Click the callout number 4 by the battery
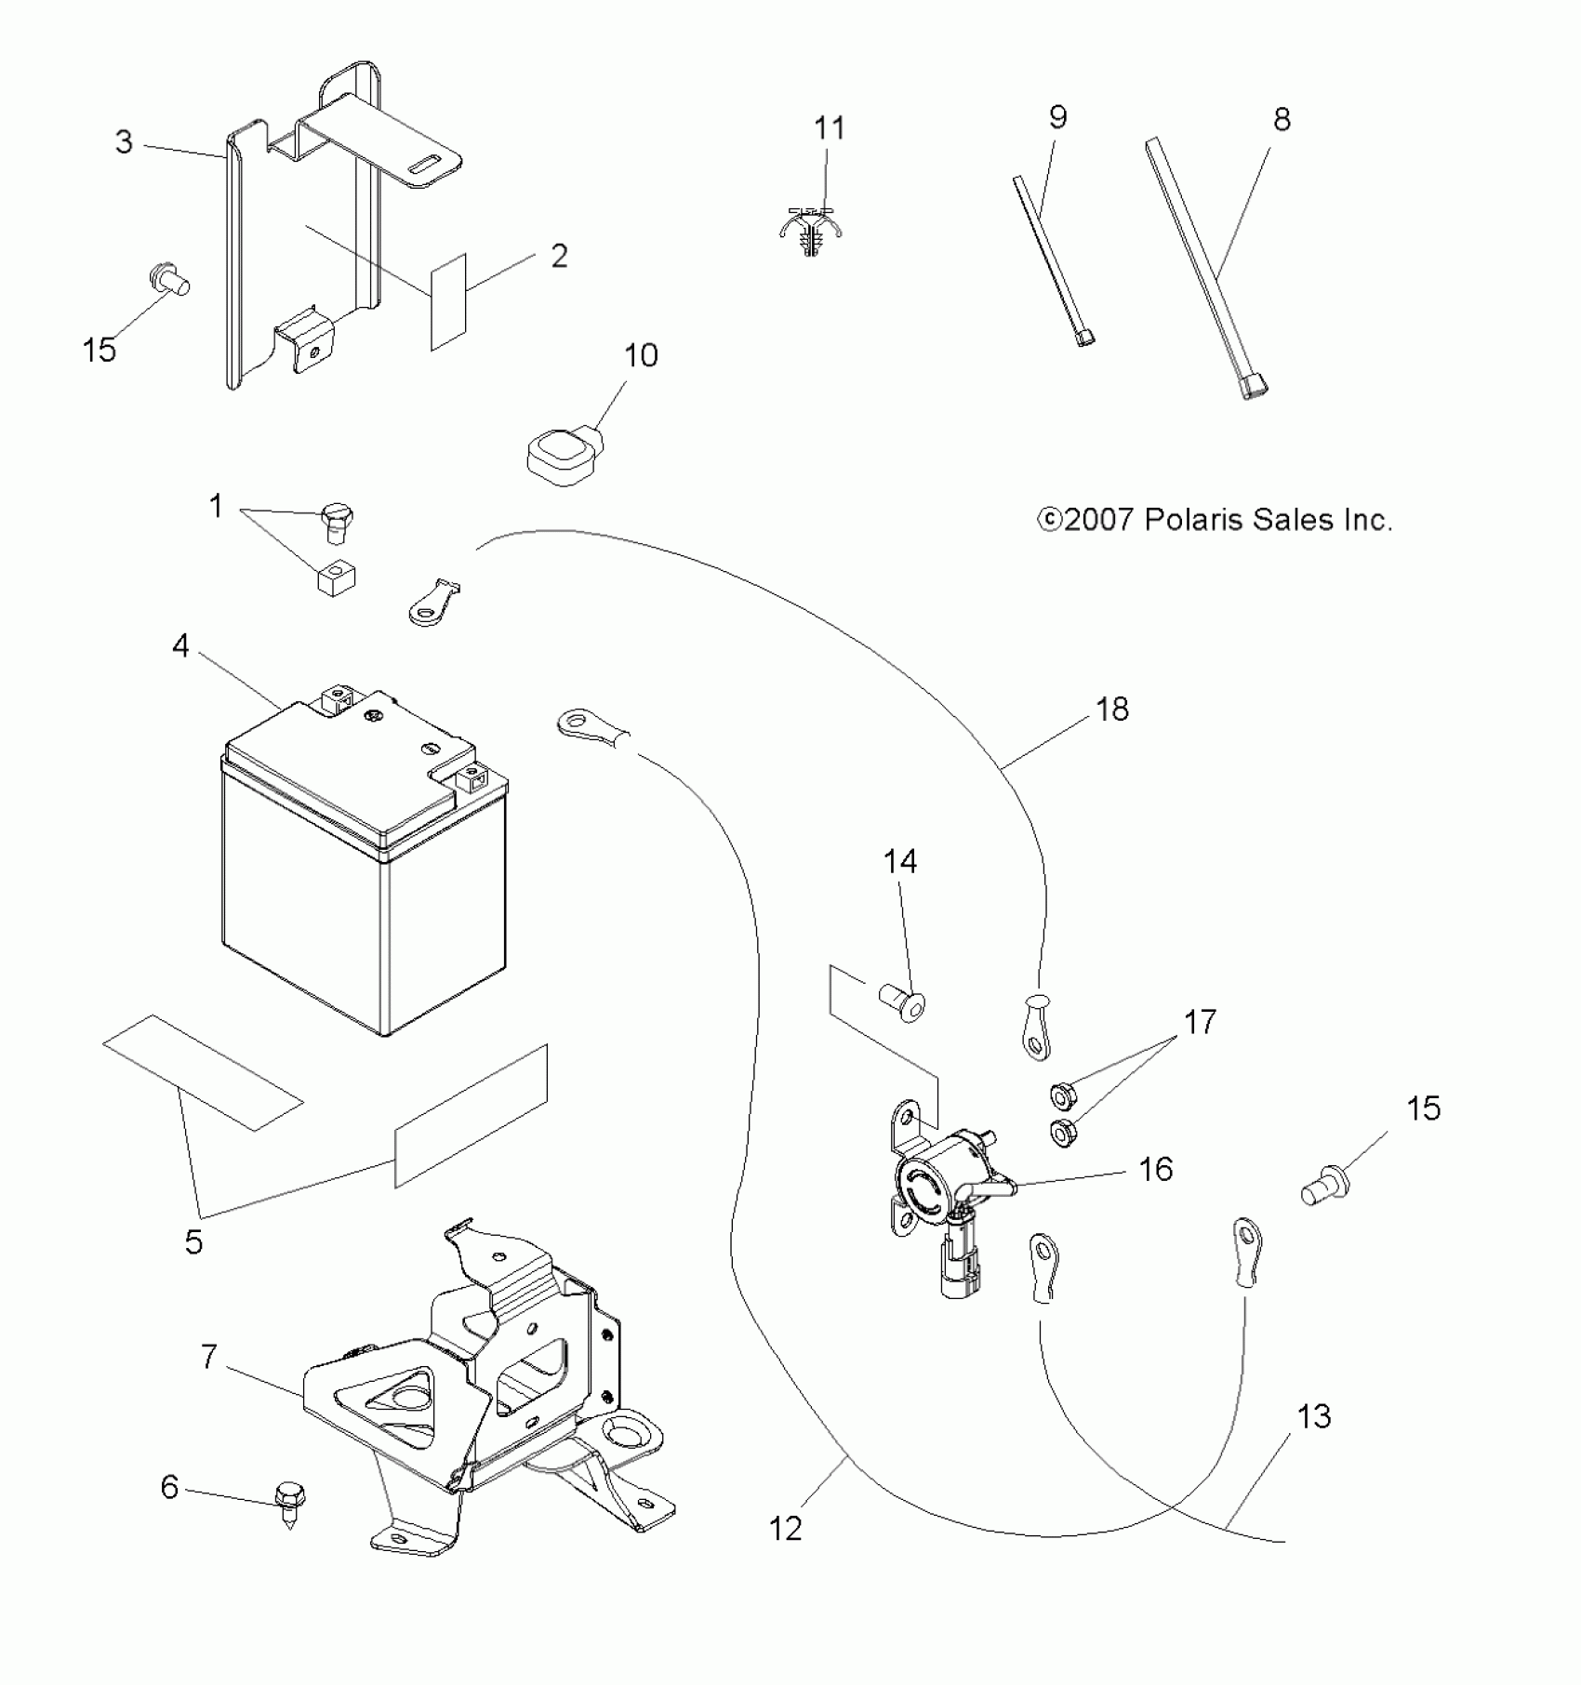point(180,645)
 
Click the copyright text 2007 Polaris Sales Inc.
point(1215,520)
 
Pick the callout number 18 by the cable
point(1112,710)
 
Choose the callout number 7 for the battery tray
point(209,1357)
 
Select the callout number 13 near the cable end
point(1313,1416)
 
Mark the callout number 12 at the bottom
point(786,1528)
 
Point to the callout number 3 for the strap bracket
point(124,141)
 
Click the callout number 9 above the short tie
point(1057,117)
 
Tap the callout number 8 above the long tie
point(1282,119)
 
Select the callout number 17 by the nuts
point(1200,1022)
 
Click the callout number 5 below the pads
point(193,1241)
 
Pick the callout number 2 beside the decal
point(559,255)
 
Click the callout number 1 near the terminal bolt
point(217,507)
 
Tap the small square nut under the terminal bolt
point(339,579)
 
